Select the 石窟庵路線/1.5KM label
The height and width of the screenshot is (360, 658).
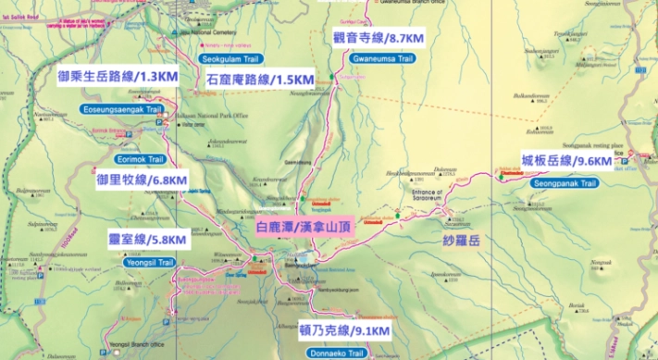click(x=260, y=80)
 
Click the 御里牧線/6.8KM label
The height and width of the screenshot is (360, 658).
click(x=142, y=180)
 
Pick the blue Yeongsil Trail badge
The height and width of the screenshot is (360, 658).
click(x=148, y=263)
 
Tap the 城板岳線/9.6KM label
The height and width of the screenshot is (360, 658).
click(x=566, y=161)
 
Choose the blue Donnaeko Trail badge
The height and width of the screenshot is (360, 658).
click(x=333, y=354)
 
